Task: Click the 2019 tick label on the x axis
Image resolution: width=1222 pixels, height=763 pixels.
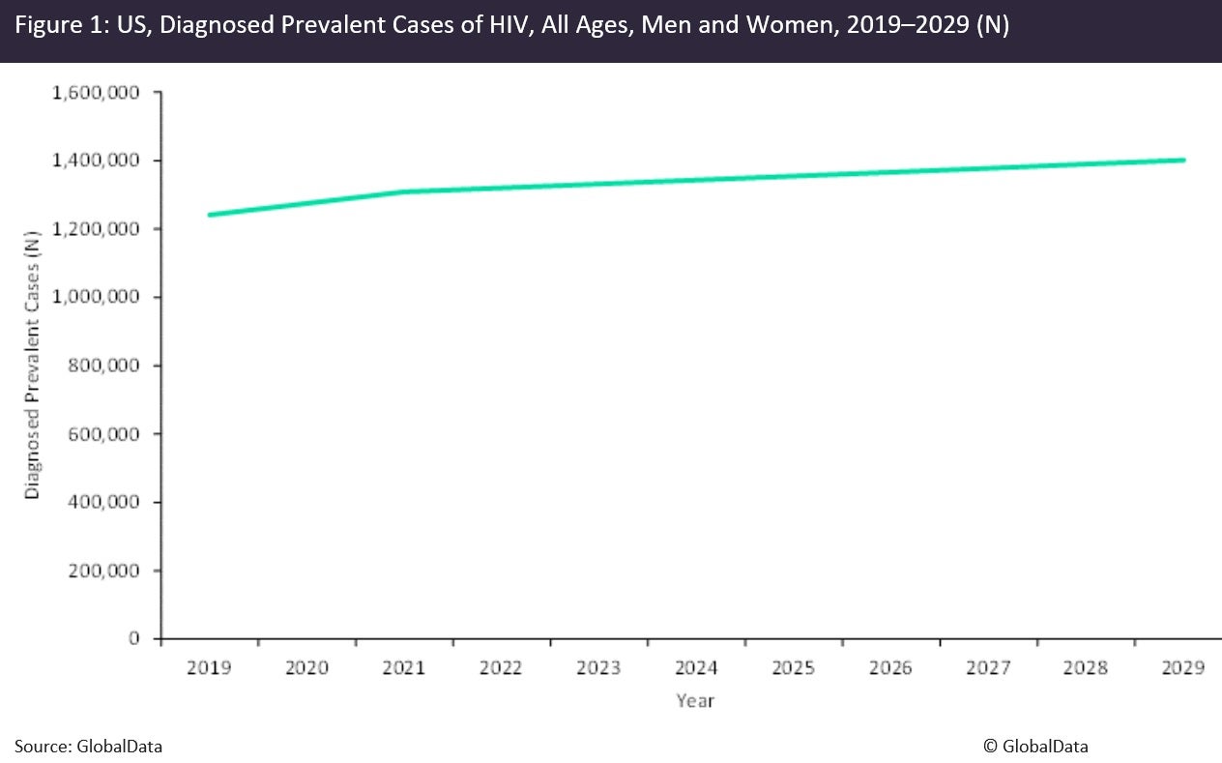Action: [x=209, y=668]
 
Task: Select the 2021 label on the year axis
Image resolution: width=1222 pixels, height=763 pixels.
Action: [x=404, y=668]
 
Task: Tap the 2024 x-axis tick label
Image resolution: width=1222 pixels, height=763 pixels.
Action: [x=696, y=668]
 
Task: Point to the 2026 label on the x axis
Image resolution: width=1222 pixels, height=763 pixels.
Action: [x=890, y=668]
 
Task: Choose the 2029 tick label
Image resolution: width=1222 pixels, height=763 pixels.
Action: [x=1182, y=668]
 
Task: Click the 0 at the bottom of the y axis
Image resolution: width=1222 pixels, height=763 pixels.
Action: [x=135, y=638]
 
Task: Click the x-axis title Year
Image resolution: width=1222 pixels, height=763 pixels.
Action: [x=695, y=700]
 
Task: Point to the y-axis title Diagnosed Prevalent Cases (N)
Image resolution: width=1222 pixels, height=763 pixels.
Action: [x=33, y=366]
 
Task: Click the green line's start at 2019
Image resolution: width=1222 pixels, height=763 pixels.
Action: [x=210, y=215]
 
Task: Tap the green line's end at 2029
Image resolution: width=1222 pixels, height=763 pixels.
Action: [x=1183, y=161]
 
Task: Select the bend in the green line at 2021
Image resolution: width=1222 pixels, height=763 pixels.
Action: [x=404, y=191]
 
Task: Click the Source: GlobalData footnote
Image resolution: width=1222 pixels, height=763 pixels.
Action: [x=88, y=746]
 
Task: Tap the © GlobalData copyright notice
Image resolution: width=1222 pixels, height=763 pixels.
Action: [x=1035, y=746]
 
